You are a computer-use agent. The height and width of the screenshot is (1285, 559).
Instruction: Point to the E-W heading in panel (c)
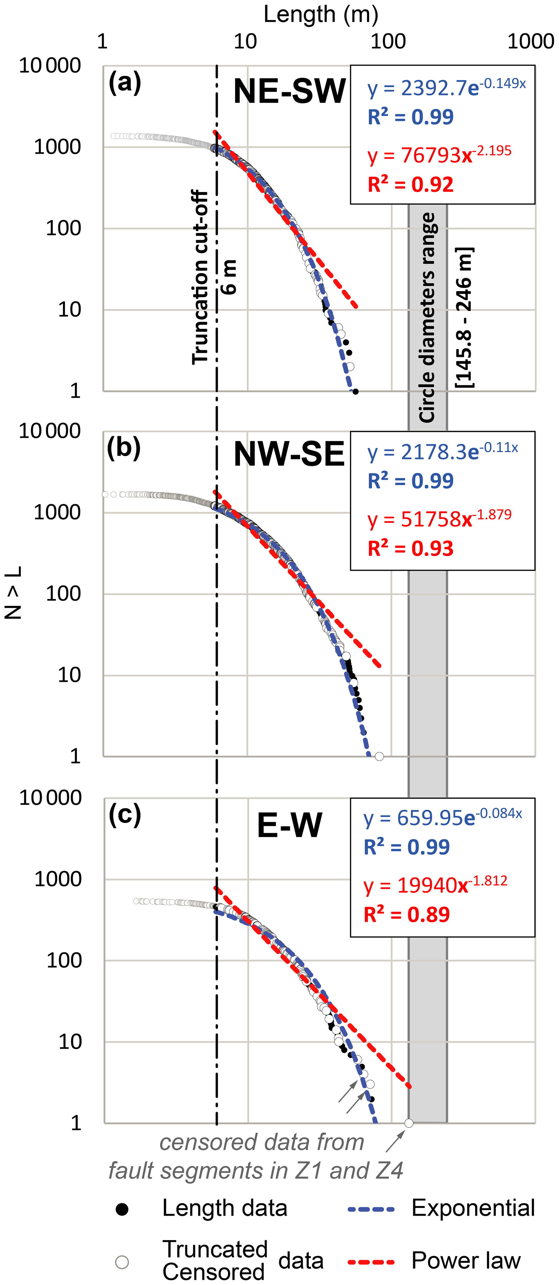289,826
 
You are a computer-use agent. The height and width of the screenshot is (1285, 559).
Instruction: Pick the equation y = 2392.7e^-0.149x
446,87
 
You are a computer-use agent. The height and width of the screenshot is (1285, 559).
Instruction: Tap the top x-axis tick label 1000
531,41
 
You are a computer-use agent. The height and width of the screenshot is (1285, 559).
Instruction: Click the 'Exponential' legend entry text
473,1208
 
